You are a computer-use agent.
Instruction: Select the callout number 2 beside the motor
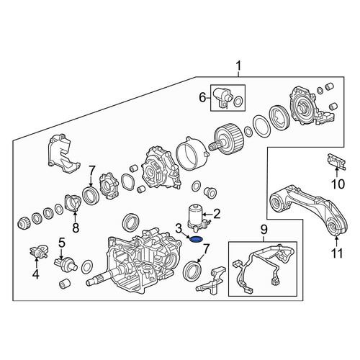pos(217,214)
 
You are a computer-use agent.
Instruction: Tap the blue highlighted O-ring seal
pos(196,239)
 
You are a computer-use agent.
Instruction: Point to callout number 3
pos(179,228)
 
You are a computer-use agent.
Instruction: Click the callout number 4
pos(36,274)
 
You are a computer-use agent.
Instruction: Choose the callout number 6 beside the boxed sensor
pos(202,98)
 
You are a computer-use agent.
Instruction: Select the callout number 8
pos(76,228)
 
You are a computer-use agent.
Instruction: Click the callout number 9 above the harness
pos(264,230)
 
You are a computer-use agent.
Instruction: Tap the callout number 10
pos(338,184)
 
